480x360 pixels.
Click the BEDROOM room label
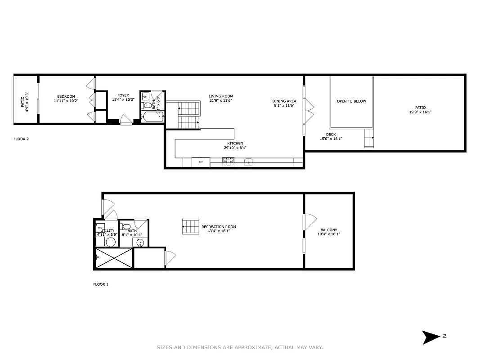tap(66, 96)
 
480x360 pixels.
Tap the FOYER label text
tap(123, 95)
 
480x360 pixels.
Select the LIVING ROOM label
tap(220, 96)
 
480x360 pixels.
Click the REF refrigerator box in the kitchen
tap(201, 162)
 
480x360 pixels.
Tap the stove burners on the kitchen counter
tap(228, 160)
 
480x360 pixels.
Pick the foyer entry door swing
tap(126, 120)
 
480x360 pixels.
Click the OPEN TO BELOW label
tap(351, 101)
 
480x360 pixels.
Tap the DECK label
tap(331, 134)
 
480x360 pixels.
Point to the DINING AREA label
tap(284, 101)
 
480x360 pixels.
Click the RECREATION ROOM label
tap(219, 227)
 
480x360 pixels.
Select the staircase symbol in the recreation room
tap(191, 226)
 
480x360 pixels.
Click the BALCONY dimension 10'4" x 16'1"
tap(329, 234)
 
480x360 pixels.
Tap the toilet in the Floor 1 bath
tap(126, 226)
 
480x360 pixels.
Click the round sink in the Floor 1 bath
tap(140, 243)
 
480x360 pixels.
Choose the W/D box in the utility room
tap(100, 227)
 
